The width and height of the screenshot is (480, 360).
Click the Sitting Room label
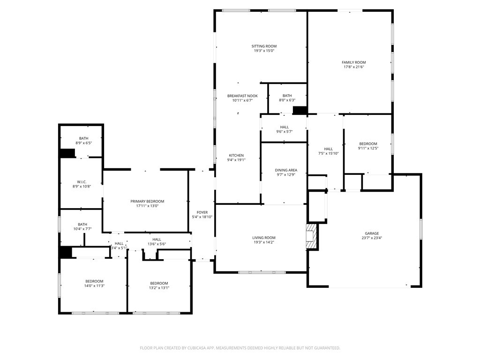[x=264, y=46]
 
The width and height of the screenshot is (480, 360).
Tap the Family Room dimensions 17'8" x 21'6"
[x=353, y=67]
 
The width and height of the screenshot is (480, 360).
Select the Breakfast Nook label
[x=242, y=96]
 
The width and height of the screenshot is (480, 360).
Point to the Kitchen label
[x=236, y=155]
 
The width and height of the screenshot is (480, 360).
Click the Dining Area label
[x=286, y=170]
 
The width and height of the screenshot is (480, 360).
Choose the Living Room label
[x=264, y=238]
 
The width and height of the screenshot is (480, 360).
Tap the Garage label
[x=372, y=233]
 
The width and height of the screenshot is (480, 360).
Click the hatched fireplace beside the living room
[x=311, y=236]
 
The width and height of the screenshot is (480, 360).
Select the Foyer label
[x=202, y=212]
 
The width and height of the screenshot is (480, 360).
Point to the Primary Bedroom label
[x=147, y=201]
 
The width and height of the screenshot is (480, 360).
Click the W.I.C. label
[x=82, y=182]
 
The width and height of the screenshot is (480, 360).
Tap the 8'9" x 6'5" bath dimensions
[x=83, y=143]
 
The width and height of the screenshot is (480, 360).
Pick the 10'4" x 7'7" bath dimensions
[x=82, y=229]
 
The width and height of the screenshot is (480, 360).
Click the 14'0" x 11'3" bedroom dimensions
[x=94, y=285]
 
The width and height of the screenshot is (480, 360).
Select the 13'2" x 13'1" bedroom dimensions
[x=159, y=288]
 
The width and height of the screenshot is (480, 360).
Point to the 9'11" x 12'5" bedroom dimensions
[x=368, y=148]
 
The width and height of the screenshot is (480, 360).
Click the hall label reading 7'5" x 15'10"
[x=328, y=153]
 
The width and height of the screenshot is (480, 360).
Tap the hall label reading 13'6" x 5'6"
[x=157, y=244]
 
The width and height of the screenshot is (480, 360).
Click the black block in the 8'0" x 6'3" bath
[x=300, y=110]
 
